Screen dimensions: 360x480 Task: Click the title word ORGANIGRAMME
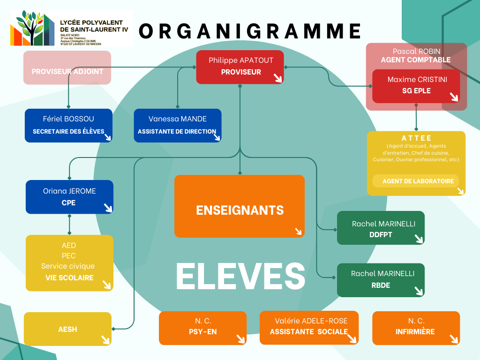click(x=250, y=31)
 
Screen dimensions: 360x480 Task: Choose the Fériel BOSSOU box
click(x=68, y=125)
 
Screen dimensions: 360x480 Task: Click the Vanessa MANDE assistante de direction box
click(x=177, y=125)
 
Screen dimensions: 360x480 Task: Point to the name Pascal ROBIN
click(x=416, y=51)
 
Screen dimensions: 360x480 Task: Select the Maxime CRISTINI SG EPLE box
click(x=416, y=86)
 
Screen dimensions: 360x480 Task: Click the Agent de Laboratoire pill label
click(x=415, y=181)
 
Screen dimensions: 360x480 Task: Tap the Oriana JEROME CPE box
click(x=69, y=197)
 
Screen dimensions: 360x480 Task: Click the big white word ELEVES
click(x=240, y=277)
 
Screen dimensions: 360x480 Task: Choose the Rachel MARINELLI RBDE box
click(x=380, y=280)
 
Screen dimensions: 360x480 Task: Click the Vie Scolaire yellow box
click(x=69, y=263)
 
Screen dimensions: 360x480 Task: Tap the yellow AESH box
click(x=67, y=329)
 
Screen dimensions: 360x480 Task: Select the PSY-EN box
click(x=202, y=328)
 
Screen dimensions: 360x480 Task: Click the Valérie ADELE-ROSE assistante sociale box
click(x=309, y=328)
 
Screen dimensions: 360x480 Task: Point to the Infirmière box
click(x=416, y=328)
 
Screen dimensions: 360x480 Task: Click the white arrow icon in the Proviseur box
click(x=278, y=78)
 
